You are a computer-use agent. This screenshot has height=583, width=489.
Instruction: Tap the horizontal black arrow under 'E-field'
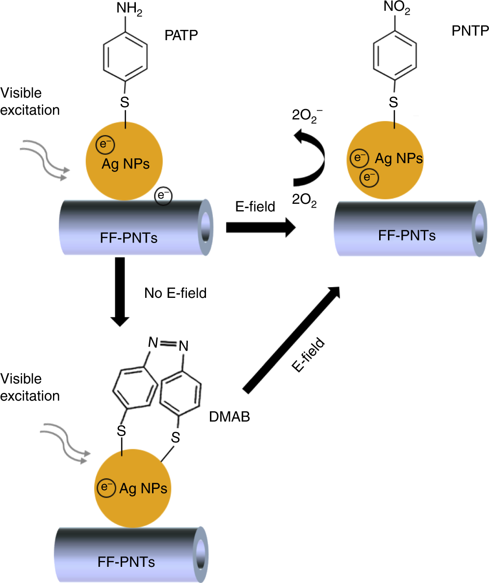coord(260,227)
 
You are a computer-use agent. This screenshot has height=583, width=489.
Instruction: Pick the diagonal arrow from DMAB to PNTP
coord(292,340)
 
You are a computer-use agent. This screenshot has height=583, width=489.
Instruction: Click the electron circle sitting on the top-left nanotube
coord(163,196)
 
